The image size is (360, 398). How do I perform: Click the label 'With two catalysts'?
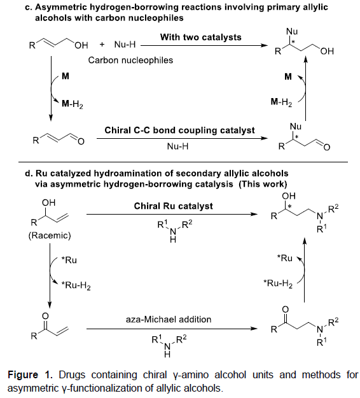[200, 38]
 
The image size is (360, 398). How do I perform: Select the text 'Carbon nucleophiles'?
[130, 60]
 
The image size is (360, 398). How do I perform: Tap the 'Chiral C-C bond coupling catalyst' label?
[179, 130]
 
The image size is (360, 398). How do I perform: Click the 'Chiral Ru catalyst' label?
[174, 206]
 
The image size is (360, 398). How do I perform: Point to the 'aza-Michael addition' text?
[169, 319]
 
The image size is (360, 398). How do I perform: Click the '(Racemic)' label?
[50, 236]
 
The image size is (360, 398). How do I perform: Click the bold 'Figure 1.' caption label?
[31, 374]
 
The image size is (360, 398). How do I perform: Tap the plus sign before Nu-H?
[102, 45]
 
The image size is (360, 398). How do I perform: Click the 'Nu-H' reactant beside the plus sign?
[125, 45]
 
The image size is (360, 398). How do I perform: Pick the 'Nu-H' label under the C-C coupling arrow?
[177, 146]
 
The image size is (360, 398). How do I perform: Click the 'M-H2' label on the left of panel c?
[73, 104]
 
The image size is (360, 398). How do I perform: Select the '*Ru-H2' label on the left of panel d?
[76, 285]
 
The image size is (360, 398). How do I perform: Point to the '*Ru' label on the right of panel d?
[285, 258]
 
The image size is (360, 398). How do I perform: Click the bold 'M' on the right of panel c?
[288, 76]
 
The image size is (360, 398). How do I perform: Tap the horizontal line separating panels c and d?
[183, 162]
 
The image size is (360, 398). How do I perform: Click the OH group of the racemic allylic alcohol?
[49, 203]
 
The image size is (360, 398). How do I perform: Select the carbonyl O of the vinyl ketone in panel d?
[45, 316]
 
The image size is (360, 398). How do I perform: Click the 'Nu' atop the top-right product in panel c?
[292, 31]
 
